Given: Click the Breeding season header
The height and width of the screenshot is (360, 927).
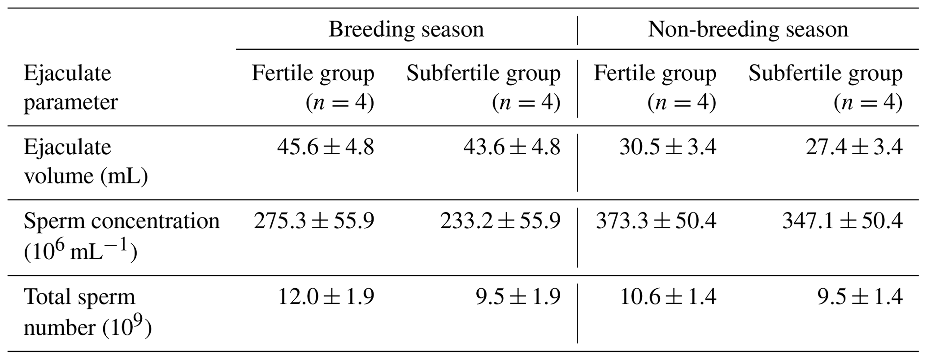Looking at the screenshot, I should [406, 30].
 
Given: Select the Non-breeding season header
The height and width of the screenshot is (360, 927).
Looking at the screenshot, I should [748, 30].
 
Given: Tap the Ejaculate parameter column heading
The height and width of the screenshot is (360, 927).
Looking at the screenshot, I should [70, 87].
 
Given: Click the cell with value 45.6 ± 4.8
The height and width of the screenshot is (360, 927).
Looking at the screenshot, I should [326, 147].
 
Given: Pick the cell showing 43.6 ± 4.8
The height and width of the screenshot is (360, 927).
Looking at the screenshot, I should [512, 147].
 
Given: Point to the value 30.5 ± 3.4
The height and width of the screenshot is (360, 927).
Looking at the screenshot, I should [668, 147].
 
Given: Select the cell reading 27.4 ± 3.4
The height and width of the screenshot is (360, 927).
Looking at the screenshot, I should [854, 147].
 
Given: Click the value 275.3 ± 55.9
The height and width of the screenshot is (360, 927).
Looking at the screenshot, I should [314, 221].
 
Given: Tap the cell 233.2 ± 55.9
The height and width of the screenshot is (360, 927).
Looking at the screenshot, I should [500, 221].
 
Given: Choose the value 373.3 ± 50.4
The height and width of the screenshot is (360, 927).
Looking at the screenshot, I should [656, 221].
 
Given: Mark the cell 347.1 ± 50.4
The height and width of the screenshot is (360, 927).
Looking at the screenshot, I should [842, 221].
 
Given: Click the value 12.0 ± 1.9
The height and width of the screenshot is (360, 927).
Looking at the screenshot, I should [326, 297].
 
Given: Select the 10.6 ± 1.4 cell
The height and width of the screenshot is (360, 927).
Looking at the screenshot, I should [668, 297].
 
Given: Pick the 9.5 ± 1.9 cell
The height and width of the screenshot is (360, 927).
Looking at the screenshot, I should [518, 297].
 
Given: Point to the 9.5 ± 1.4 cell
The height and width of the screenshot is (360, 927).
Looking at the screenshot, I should [860, 297].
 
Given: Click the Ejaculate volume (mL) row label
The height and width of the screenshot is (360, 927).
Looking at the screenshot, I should [85, 161].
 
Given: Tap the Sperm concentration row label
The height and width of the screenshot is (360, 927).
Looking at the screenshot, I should [121, 236].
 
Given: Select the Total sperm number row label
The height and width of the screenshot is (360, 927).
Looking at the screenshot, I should [87, 312].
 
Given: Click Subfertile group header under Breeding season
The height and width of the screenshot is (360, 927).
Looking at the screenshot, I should [483, 87].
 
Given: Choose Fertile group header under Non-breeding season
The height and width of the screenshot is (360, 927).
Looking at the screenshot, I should [655, 87].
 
